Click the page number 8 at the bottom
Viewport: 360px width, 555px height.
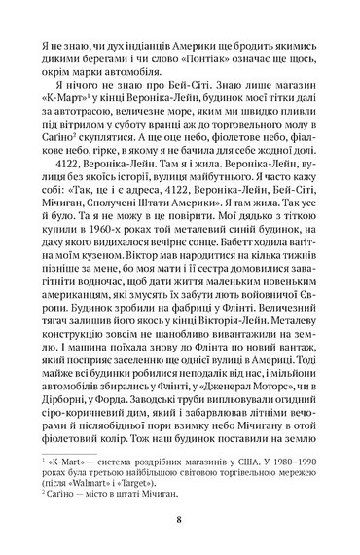[180, 520]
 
